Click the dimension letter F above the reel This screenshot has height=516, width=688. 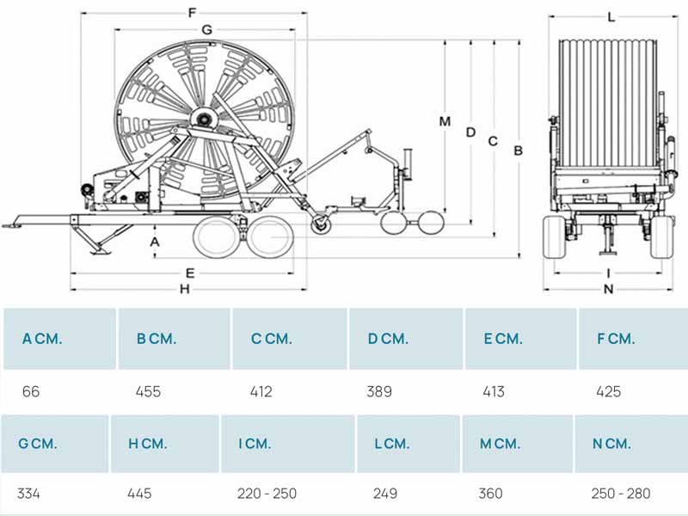[x=192, y=13]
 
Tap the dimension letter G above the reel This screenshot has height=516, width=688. [x=206, y=30]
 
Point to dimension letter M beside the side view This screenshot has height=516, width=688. [x=445, y=121]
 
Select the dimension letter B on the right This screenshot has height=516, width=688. [x=519, y=150]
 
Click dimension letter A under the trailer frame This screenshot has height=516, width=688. [x=155, y=242]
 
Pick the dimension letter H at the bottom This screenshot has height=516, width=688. [x=185, y=289]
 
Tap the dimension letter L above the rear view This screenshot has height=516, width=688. [x=611, y=17]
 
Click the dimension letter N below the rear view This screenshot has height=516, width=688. [x=608, y=289]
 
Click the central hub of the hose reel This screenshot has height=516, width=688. [x=203, y=118]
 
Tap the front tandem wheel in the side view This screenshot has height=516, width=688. [x=216, y=237]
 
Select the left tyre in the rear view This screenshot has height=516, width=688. [x=555, y=236]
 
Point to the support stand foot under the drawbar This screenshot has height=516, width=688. [x=100, y=251]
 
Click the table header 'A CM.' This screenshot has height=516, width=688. [x=42, y=339]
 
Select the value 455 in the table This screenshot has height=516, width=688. [x=148, y=391]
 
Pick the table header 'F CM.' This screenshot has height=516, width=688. [x=616, y=339]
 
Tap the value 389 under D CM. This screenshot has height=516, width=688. [x=379, y=391]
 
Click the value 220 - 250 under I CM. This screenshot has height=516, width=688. [x=267, y=494]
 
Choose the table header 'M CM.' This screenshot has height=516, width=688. [x=500, y=444]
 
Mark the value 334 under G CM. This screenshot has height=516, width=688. [x=28, y=494]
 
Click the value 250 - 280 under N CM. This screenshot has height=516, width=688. [x=621, y=494]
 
